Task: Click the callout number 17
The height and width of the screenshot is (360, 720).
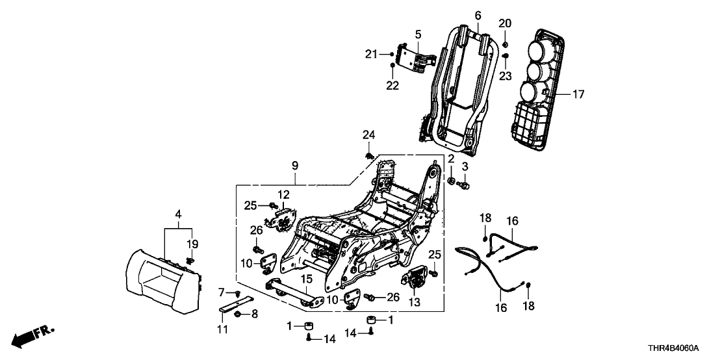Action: pyautogui.click(x=578, y=94)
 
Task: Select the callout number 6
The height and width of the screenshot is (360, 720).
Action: pyautogui.click(x=478, y=14)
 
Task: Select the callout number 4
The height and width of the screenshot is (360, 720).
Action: pyautogui.click(x=178, y=213)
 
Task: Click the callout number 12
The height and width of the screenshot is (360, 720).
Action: pyautogui.click(x=283, y=194)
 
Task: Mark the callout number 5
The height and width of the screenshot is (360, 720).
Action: pyautogui.click(x=418, y=33)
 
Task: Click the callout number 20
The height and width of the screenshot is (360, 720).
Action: pyautogui.click(x=505, y=23)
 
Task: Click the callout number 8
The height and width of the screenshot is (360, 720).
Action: pyautogui.click(x=254, y=314)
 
